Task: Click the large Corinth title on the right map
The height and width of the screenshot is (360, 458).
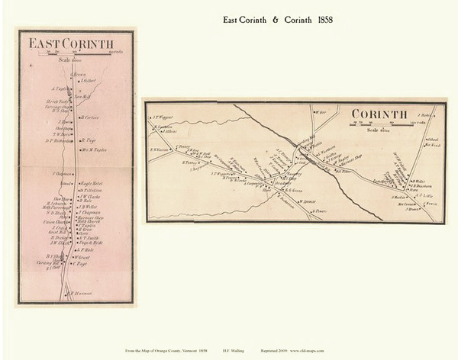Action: click(x=389, y=114)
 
